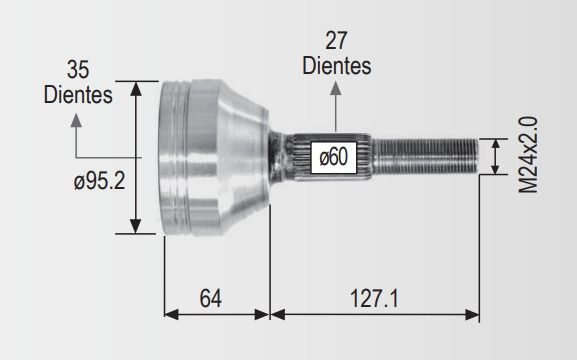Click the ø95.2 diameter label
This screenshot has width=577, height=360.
tap(99, 181)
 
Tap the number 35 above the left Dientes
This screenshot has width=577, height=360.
tap(78, 70)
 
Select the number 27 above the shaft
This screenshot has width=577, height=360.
tap(336, 41)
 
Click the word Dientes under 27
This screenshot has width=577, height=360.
tap(337, 66)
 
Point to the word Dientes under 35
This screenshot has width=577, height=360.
tap(78, 95)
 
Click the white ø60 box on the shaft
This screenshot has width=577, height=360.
tap(334, 157)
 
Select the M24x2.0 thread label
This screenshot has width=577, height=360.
tap(528, 155)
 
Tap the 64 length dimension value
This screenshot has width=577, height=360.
tap(210, 298)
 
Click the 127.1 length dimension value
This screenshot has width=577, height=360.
tap(374, 298)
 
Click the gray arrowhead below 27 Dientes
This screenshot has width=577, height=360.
tap(336, 89)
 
